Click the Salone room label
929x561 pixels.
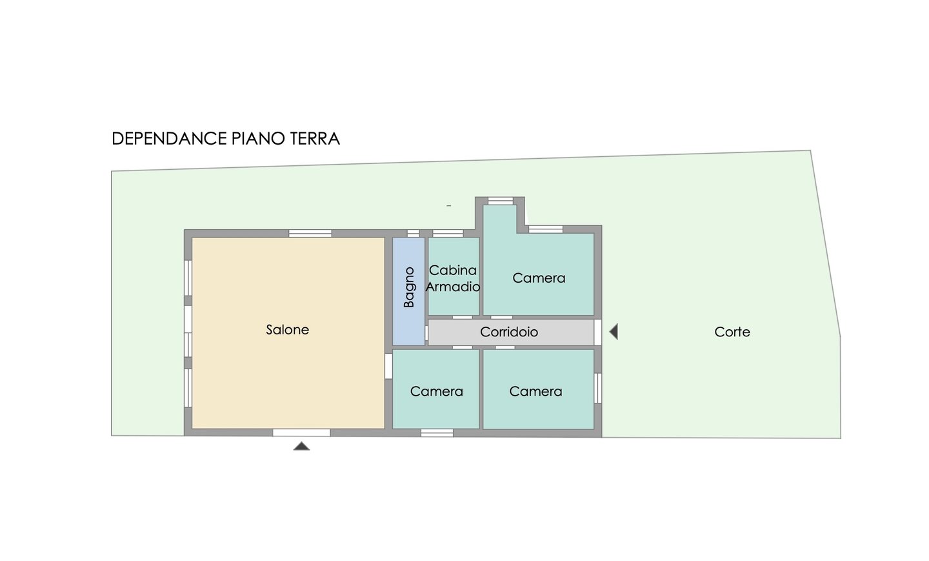pos(288,330)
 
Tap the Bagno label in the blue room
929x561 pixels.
pos(409,287)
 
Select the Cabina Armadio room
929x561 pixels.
pos(454,276)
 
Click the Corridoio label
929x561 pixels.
pos(509,332)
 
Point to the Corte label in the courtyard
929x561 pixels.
pos(732,332)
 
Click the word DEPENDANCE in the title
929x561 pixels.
pos(170,139)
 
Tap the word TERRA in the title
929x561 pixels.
pos(315,139)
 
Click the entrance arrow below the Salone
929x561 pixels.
pos(301,446)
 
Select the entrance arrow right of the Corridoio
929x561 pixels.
pos(614,332)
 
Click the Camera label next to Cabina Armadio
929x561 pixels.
pos(539,278)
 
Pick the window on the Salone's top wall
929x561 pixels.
pos(310,233)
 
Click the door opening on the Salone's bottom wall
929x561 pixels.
pos(301,433)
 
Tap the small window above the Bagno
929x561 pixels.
pos(413,233)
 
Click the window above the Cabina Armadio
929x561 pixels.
pos(448,233)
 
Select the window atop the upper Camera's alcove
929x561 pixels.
pos(501,201)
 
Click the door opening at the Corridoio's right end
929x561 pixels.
pos(597,332)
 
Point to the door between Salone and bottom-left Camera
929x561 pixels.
pos(388,366)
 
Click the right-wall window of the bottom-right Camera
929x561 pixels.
pos(597,388)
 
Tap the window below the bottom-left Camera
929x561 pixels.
pos(437,433)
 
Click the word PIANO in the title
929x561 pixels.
pos(258,139)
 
